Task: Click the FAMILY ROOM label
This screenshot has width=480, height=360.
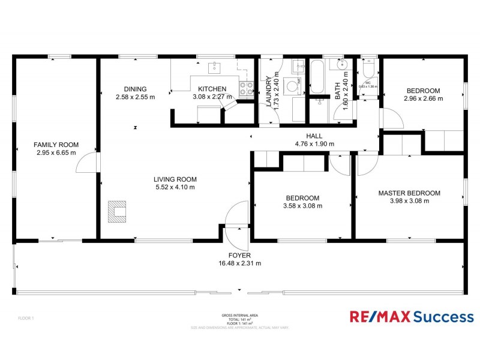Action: (55, 145)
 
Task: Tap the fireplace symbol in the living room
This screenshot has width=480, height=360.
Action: (118, 211)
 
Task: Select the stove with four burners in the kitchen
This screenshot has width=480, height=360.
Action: (246, 89)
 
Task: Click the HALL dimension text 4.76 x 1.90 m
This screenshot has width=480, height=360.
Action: (314, 144)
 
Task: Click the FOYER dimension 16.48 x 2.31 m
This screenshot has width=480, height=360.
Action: (239, 263)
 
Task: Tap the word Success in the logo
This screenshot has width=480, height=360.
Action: (443, 317)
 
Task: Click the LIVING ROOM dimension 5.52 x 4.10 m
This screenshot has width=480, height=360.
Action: (175, 187)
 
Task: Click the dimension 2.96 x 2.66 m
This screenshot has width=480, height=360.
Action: (423, 98)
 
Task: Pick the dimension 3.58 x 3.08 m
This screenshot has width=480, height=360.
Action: (302, 206)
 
